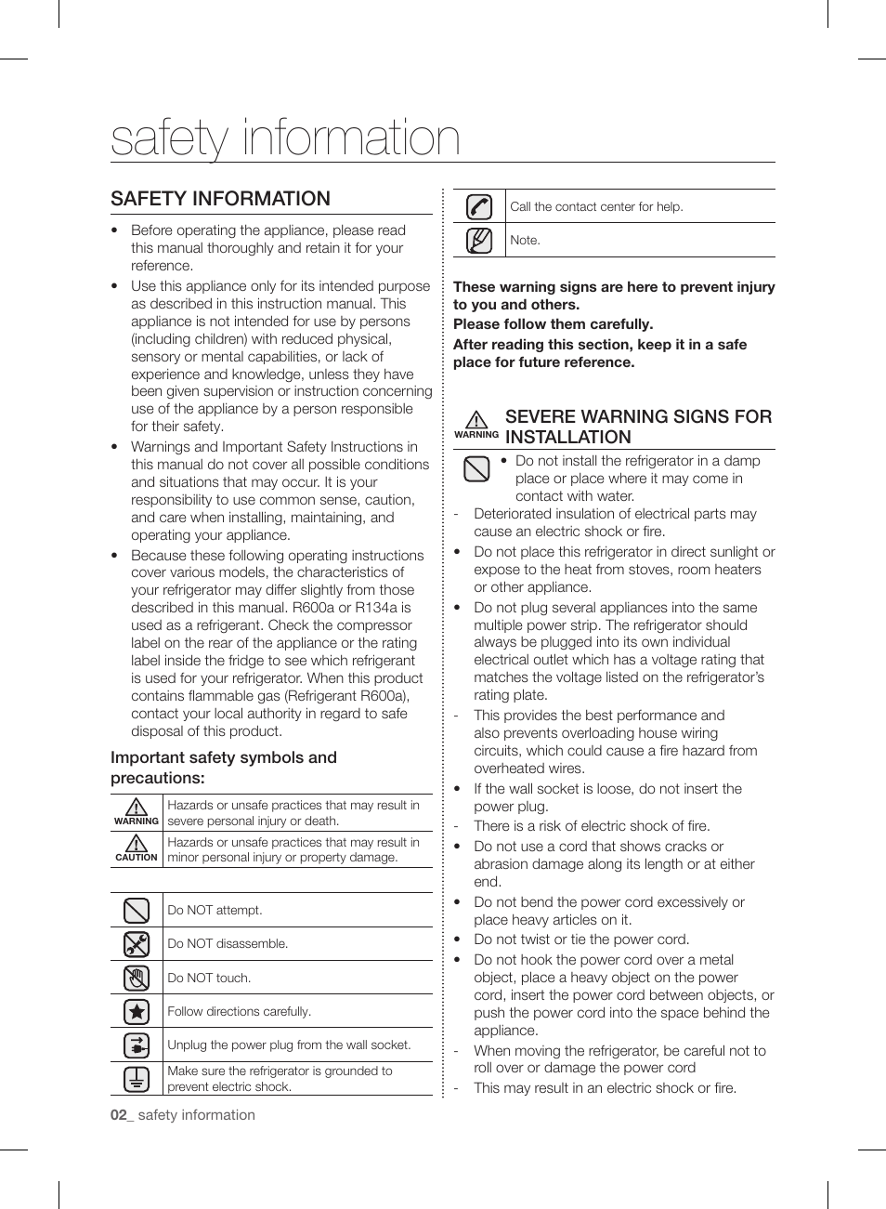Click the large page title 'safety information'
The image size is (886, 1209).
pos(285,138)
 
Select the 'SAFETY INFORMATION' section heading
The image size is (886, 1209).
pos(220,199)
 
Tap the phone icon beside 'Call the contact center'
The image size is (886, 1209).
pos(478,206)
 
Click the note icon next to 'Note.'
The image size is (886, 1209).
pos(478,241)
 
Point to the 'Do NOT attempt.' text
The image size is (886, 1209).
pos(215,910)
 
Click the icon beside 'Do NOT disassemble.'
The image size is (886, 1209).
pos(137,944)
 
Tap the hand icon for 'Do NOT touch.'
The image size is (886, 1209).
pos(137,978)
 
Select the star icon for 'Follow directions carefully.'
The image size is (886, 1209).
pos(137,1011)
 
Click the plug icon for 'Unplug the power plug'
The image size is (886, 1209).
pos(137,1045)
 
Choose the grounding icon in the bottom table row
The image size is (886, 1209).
pos(137,1079)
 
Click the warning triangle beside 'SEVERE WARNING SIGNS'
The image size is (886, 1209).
pos(476,420)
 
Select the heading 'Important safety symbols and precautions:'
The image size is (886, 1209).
pos(223,768)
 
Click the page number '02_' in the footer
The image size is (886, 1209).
pos(121,1115)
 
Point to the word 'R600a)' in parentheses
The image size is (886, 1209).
pos(386,696)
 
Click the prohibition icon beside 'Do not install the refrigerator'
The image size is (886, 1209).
pos(476,469)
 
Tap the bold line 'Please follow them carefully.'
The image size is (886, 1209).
pos(553,324)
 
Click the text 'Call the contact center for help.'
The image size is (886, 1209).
pos(596,207)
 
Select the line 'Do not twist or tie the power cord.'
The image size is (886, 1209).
pos(581,940)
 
